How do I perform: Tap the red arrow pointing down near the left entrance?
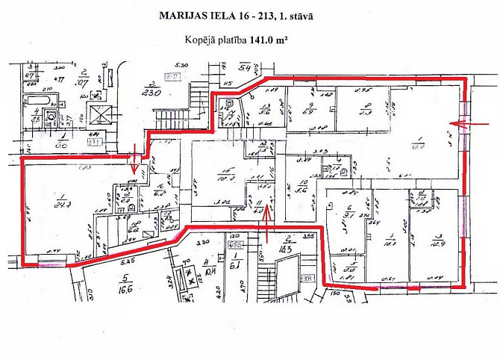[x=134, y=160]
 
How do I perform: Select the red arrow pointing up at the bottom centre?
[x=267, y=232]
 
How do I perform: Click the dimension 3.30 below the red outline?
[x=201, y=243]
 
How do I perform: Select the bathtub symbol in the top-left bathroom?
[x=33, y=99]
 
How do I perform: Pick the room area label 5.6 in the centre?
[x=302, y=190]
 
